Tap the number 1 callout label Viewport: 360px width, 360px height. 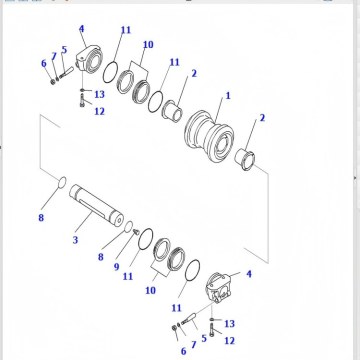coord(227,95)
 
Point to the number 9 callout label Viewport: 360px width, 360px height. coord(117,267)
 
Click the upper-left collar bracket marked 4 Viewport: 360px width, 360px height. coord(96,62)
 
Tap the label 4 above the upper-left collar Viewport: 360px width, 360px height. coord(81,30)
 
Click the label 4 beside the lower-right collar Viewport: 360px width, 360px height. coord(249,273)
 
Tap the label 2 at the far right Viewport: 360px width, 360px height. coord(262,119)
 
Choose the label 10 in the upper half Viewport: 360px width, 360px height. coord(147,45)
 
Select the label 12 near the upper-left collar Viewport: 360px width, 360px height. coord(99,111)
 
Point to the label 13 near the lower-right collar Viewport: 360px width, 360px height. coord(229,324)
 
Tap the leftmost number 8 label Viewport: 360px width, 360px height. coord(41,217)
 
